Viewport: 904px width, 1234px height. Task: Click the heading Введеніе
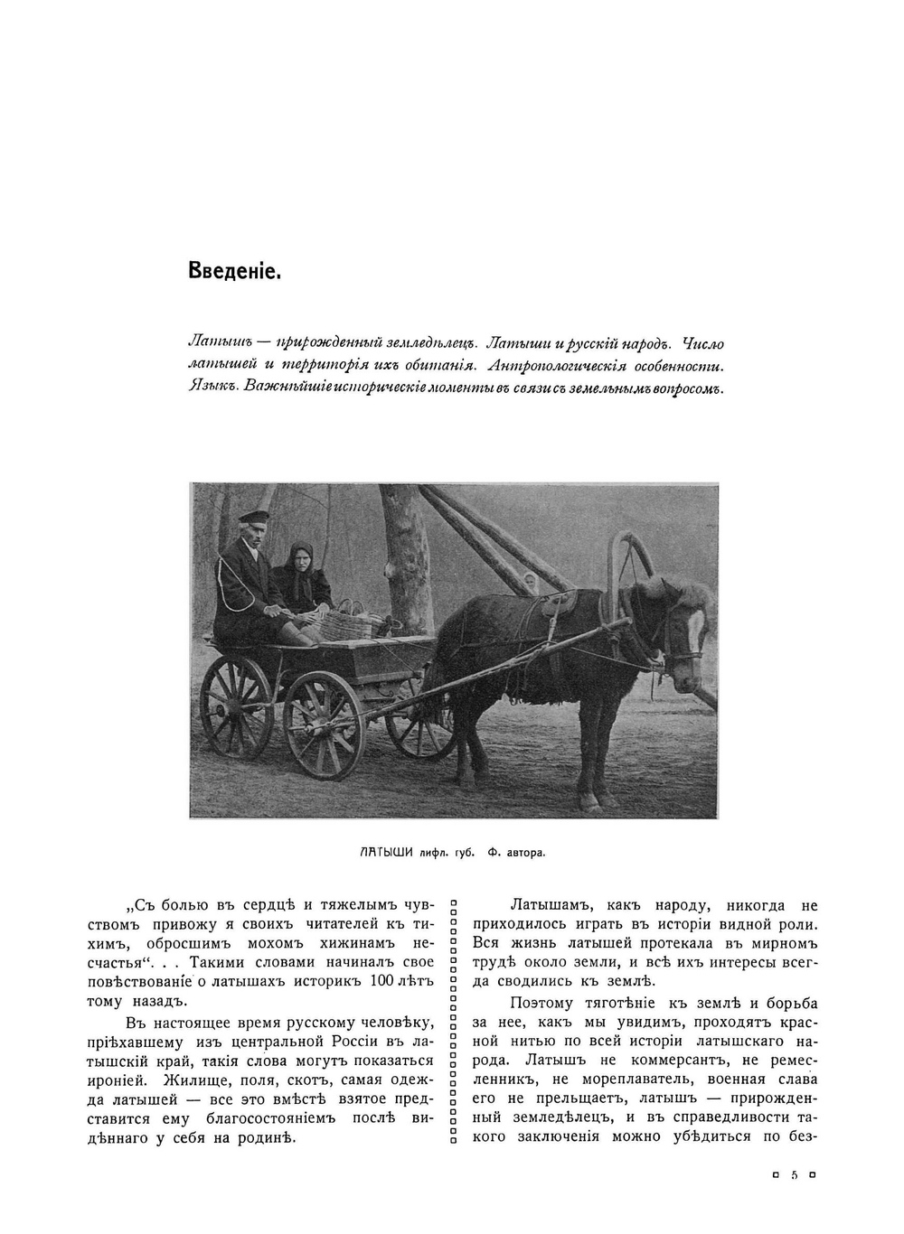tap(235, 269)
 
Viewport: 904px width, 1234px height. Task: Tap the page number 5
tap(794, 1175)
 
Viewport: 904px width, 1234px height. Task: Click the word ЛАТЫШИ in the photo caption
tap(386, 851)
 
